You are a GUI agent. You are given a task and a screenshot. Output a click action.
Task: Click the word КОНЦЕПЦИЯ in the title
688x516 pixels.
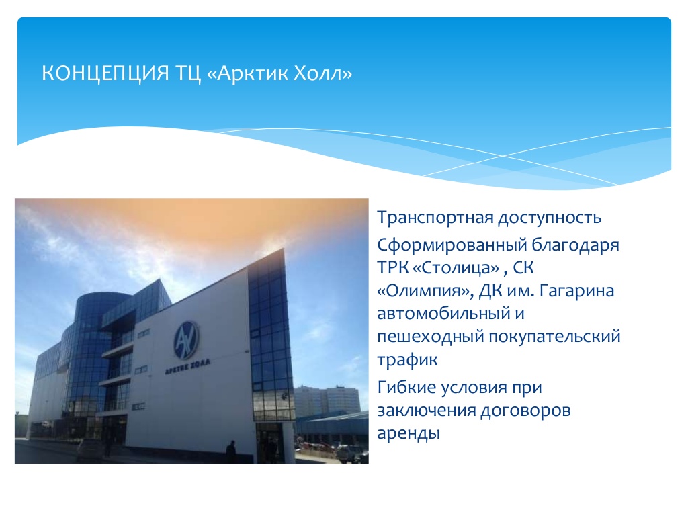[x=105, y=73]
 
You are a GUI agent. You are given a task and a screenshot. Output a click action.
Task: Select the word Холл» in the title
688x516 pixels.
[x=322, y=73]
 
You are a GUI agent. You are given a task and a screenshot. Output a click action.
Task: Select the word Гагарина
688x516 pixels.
[x=576, y=291]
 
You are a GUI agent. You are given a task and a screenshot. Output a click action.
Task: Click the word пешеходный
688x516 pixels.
[x=430, y=337]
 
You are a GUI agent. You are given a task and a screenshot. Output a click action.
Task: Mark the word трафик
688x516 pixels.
[x=407, y=360]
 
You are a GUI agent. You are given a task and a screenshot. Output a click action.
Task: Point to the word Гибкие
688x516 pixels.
[x=406, y=388]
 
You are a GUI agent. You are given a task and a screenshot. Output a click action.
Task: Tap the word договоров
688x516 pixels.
[x=525, y=411]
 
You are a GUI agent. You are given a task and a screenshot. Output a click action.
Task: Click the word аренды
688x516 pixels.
[x=408, y=434]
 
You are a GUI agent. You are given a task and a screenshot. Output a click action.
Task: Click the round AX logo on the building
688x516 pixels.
[x=186, y=341]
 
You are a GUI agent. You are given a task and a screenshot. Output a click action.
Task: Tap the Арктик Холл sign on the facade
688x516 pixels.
[x=187, y=367]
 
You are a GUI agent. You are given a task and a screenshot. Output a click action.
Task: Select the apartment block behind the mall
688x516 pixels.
[x=327, y=400]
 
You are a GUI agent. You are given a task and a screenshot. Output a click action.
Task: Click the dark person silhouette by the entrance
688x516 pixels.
[x=231, y=451]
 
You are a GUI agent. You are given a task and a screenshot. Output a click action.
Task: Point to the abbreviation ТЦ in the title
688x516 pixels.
[x=188, y=73]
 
